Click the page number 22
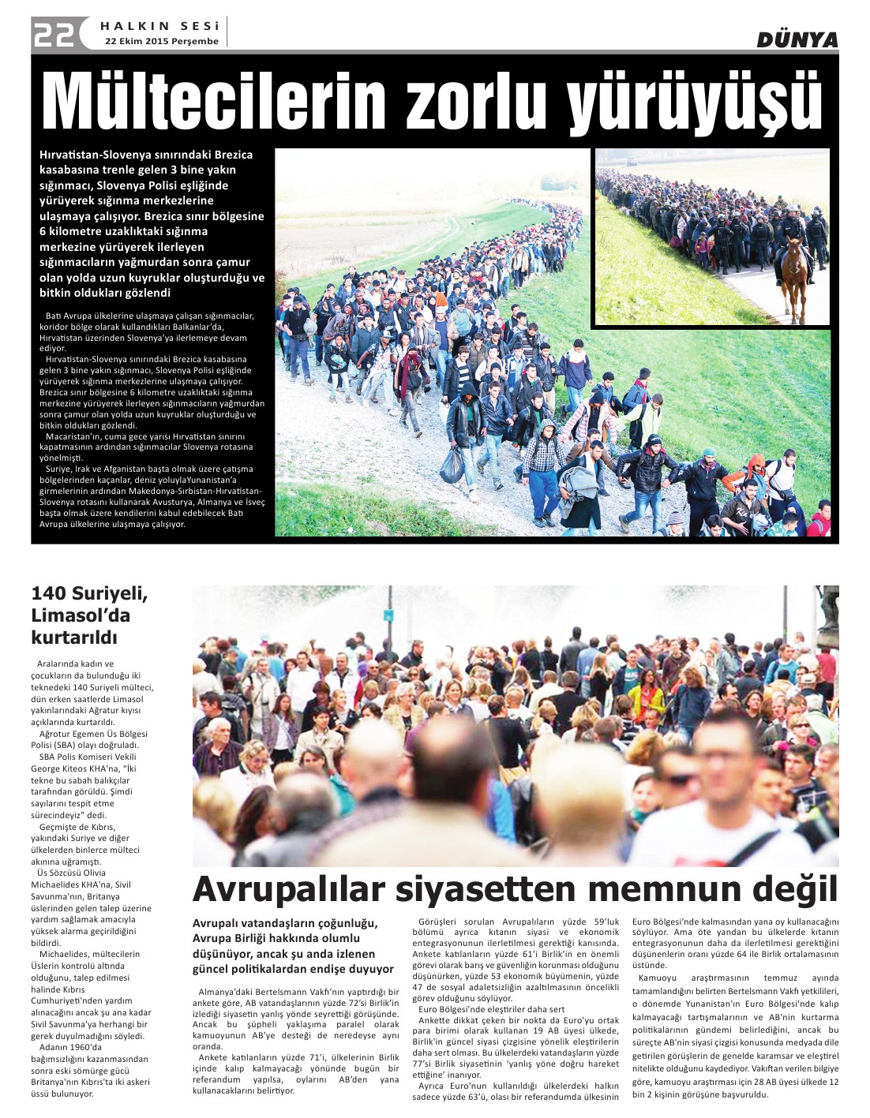[x=54, y=34]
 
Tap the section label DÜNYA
[x=797, y=39]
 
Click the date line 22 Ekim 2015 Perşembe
[x=161, y=41]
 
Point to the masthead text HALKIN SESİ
[x=159, y=26]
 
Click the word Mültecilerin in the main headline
[x=213, y=103]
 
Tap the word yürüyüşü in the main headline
[x=696, y=103]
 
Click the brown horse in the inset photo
[x=793, y=273]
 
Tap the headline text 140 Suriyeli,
[x=89, y=593]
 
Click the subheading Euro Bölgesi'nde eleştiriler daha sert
[x=491, y=1009]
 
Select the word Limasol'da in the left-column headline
[x=81, y=615]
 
